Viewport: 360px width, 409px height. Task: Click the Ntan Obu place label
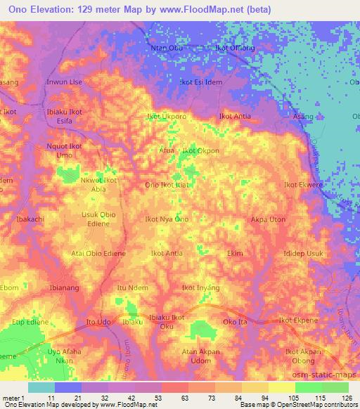(165, 48)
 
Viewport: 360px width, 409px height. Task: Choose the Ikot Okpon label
(201, 150)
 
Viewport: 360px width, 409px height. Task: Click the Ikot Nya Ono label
(167, 220)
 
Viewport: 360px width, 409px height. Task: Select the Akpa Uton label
(268, 220)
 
